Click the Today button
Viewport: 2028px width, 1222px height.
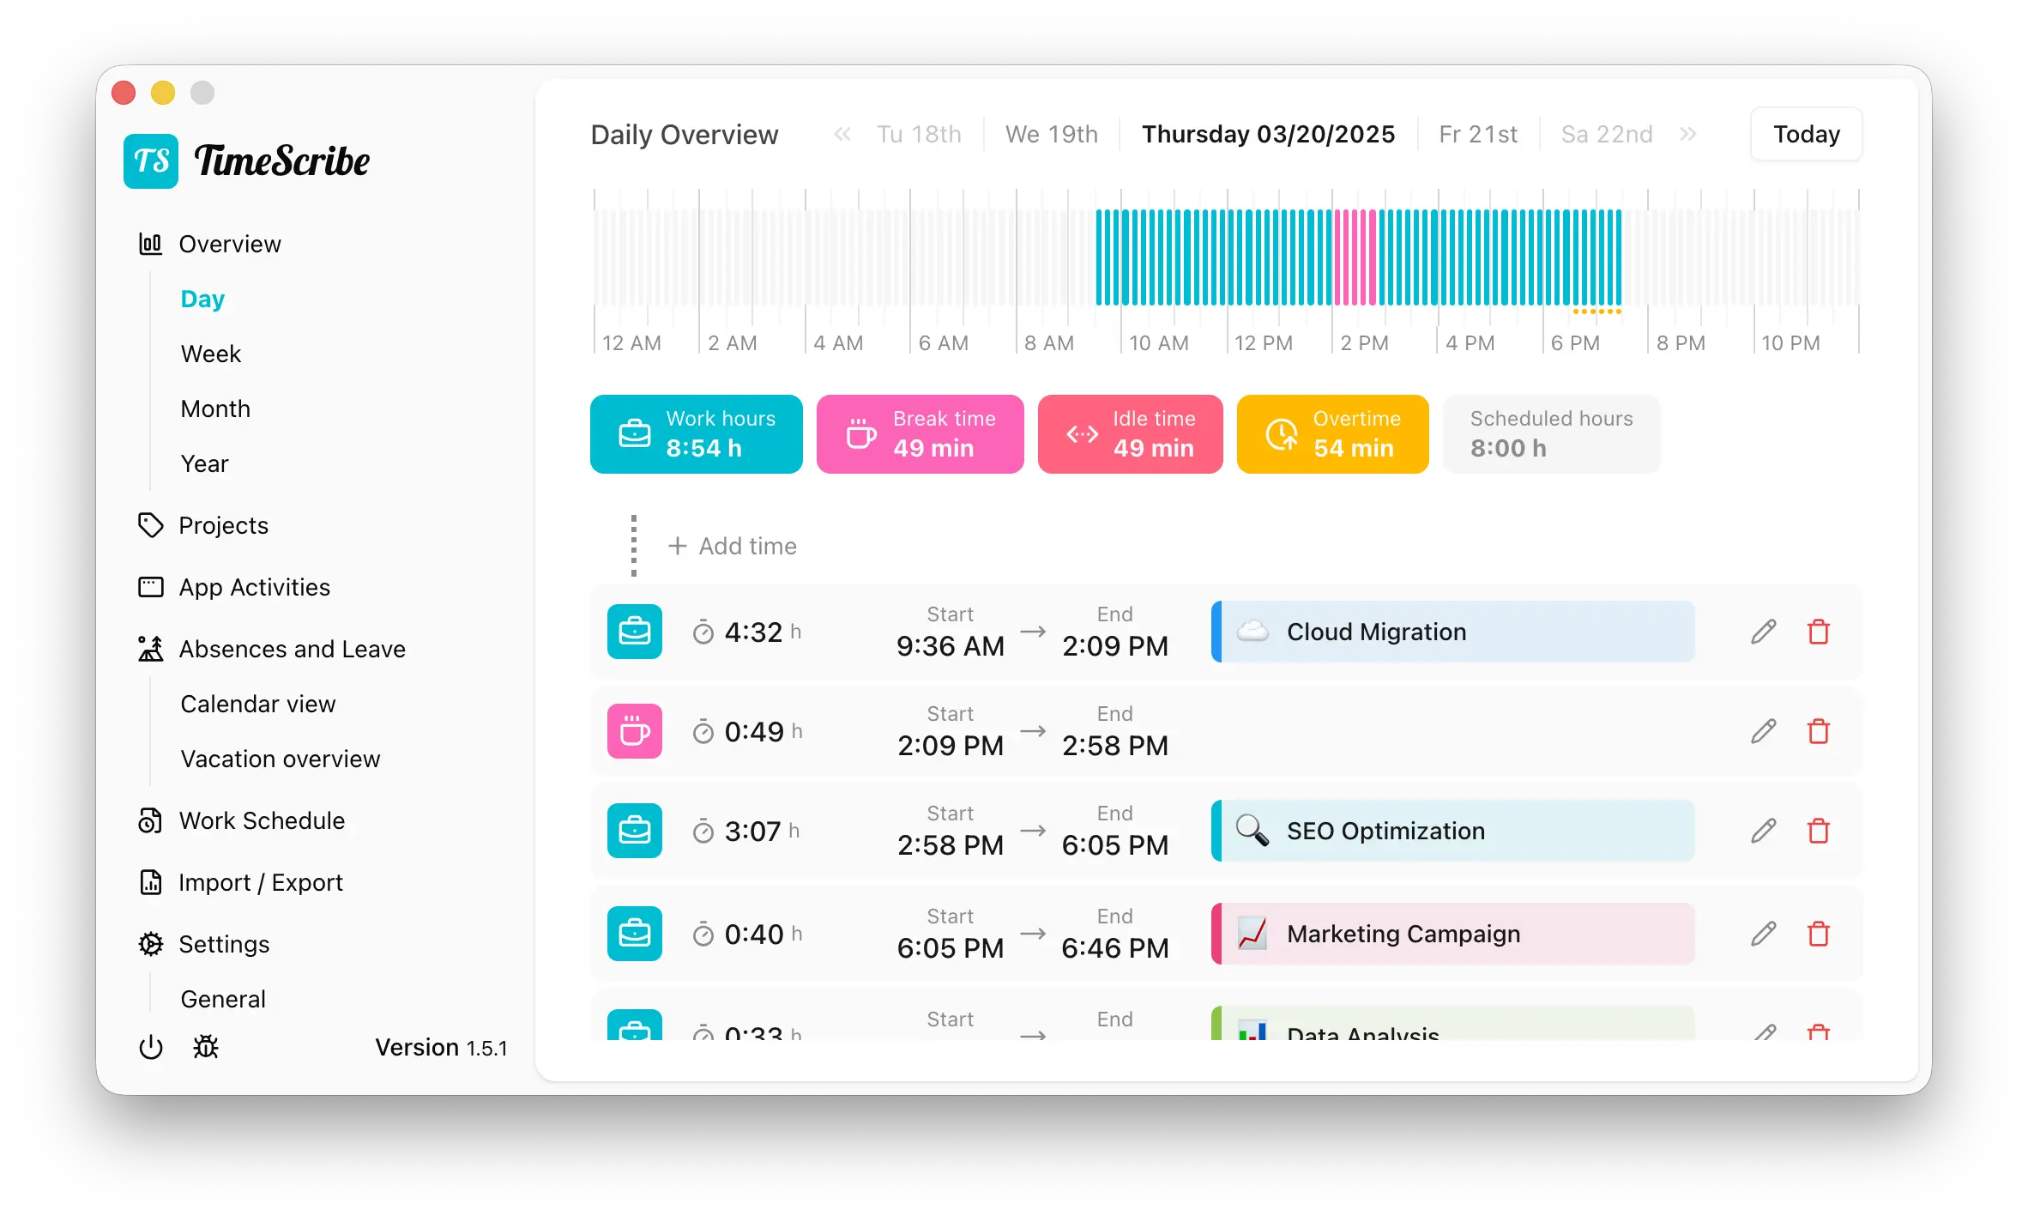coord(1806,135)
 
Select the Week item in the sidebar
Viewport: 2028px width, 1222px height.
coord(211,354)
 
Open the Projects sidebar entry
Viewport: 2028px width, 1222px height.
coord(223,525)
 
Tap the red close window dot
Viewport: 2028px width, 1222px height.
coord(124,93)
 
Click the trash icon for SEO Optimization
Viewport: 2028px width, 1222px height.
coord(1818,831)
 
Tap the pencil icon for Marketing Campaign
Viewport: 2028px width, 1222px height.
coord(1763,934)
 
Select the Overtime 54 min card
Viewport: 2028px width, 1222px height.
coord(1332,434)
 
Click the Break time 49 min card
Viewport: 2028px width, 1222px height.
coord(920,434)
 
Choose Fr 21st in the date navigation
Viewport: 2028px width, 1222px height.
coord(1477,135)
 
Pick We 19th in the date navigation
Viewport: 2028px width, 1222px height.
coord(1051,135)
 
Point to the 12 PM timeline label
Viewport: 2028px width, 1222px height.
coord(1263,343)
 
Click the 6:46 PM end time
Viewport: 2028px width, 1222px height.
coord(1114,948)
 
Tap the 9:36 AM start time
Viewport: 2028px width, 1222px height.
coord(950,646)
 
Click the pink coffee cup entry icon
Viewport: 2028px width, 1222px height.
coord(635,731)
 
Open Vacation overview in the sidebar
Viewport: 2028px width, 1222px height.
coord(280,759)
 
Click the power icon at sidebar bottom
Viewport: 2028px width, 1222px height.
coord(151,1047)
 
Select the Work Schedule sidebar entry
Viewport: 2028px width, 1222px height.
coord(262,820)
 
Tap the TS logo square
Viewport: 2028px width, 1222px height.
coord(151,161)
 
